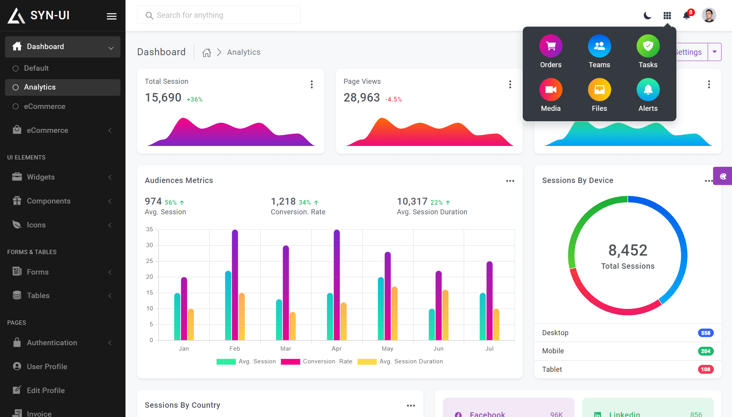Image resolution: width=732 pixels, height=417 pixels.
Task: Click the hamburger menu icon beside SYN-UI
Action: coord(112,16)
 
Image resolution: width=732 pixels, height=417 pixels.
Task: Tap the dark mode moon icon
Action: coord(647,15)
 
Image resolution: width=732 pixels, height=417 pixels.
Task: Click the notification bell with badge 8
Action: coord(687,15)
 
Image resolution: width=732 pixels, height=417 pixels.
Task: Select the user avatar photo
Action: coord(709,15)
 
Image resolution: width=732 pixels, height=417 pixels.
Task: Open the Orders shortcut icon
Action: coord(551,46)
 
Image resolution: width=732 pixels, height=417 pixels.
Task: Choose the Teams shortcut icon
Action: coord(600,46)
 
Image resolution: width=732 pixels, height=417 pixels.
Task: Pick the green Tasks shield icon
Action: coord(648,46)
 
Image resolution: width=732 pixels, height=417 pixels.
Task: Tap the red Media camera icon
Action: coord(551,90)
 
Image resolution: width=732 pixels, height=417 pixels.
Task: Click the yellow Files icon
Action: coord(600,90)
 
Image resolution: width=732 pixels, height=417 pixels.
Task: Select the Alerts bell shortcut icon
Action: coord(648,90)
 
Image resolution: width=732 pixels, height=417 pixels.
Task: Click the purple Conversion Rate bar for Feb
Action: coord(235,285)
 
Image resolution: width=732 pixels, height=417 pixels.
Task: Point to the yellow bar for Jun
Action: coord(446,315)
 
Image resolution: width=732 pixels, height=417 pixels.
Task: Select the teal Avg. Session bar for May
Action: coord(381,309)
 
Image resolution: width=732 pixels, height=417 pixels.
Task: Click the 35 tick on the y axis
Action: coord(149,229)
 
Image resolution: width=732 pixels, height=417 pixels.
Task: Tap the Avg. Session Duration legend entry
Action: coord(400,361)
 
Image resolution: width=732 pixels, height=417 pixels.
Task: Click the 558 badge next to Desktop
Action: coord(706,333)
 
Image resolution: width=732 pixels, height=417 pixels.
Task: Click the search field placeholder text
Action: coord(190,15)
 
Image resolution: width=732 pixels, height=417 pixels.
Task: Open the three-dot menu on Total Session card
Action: coord(312,85)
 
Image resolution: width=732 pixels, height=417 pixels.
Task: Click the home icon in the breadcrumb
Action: coord(207,53)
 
